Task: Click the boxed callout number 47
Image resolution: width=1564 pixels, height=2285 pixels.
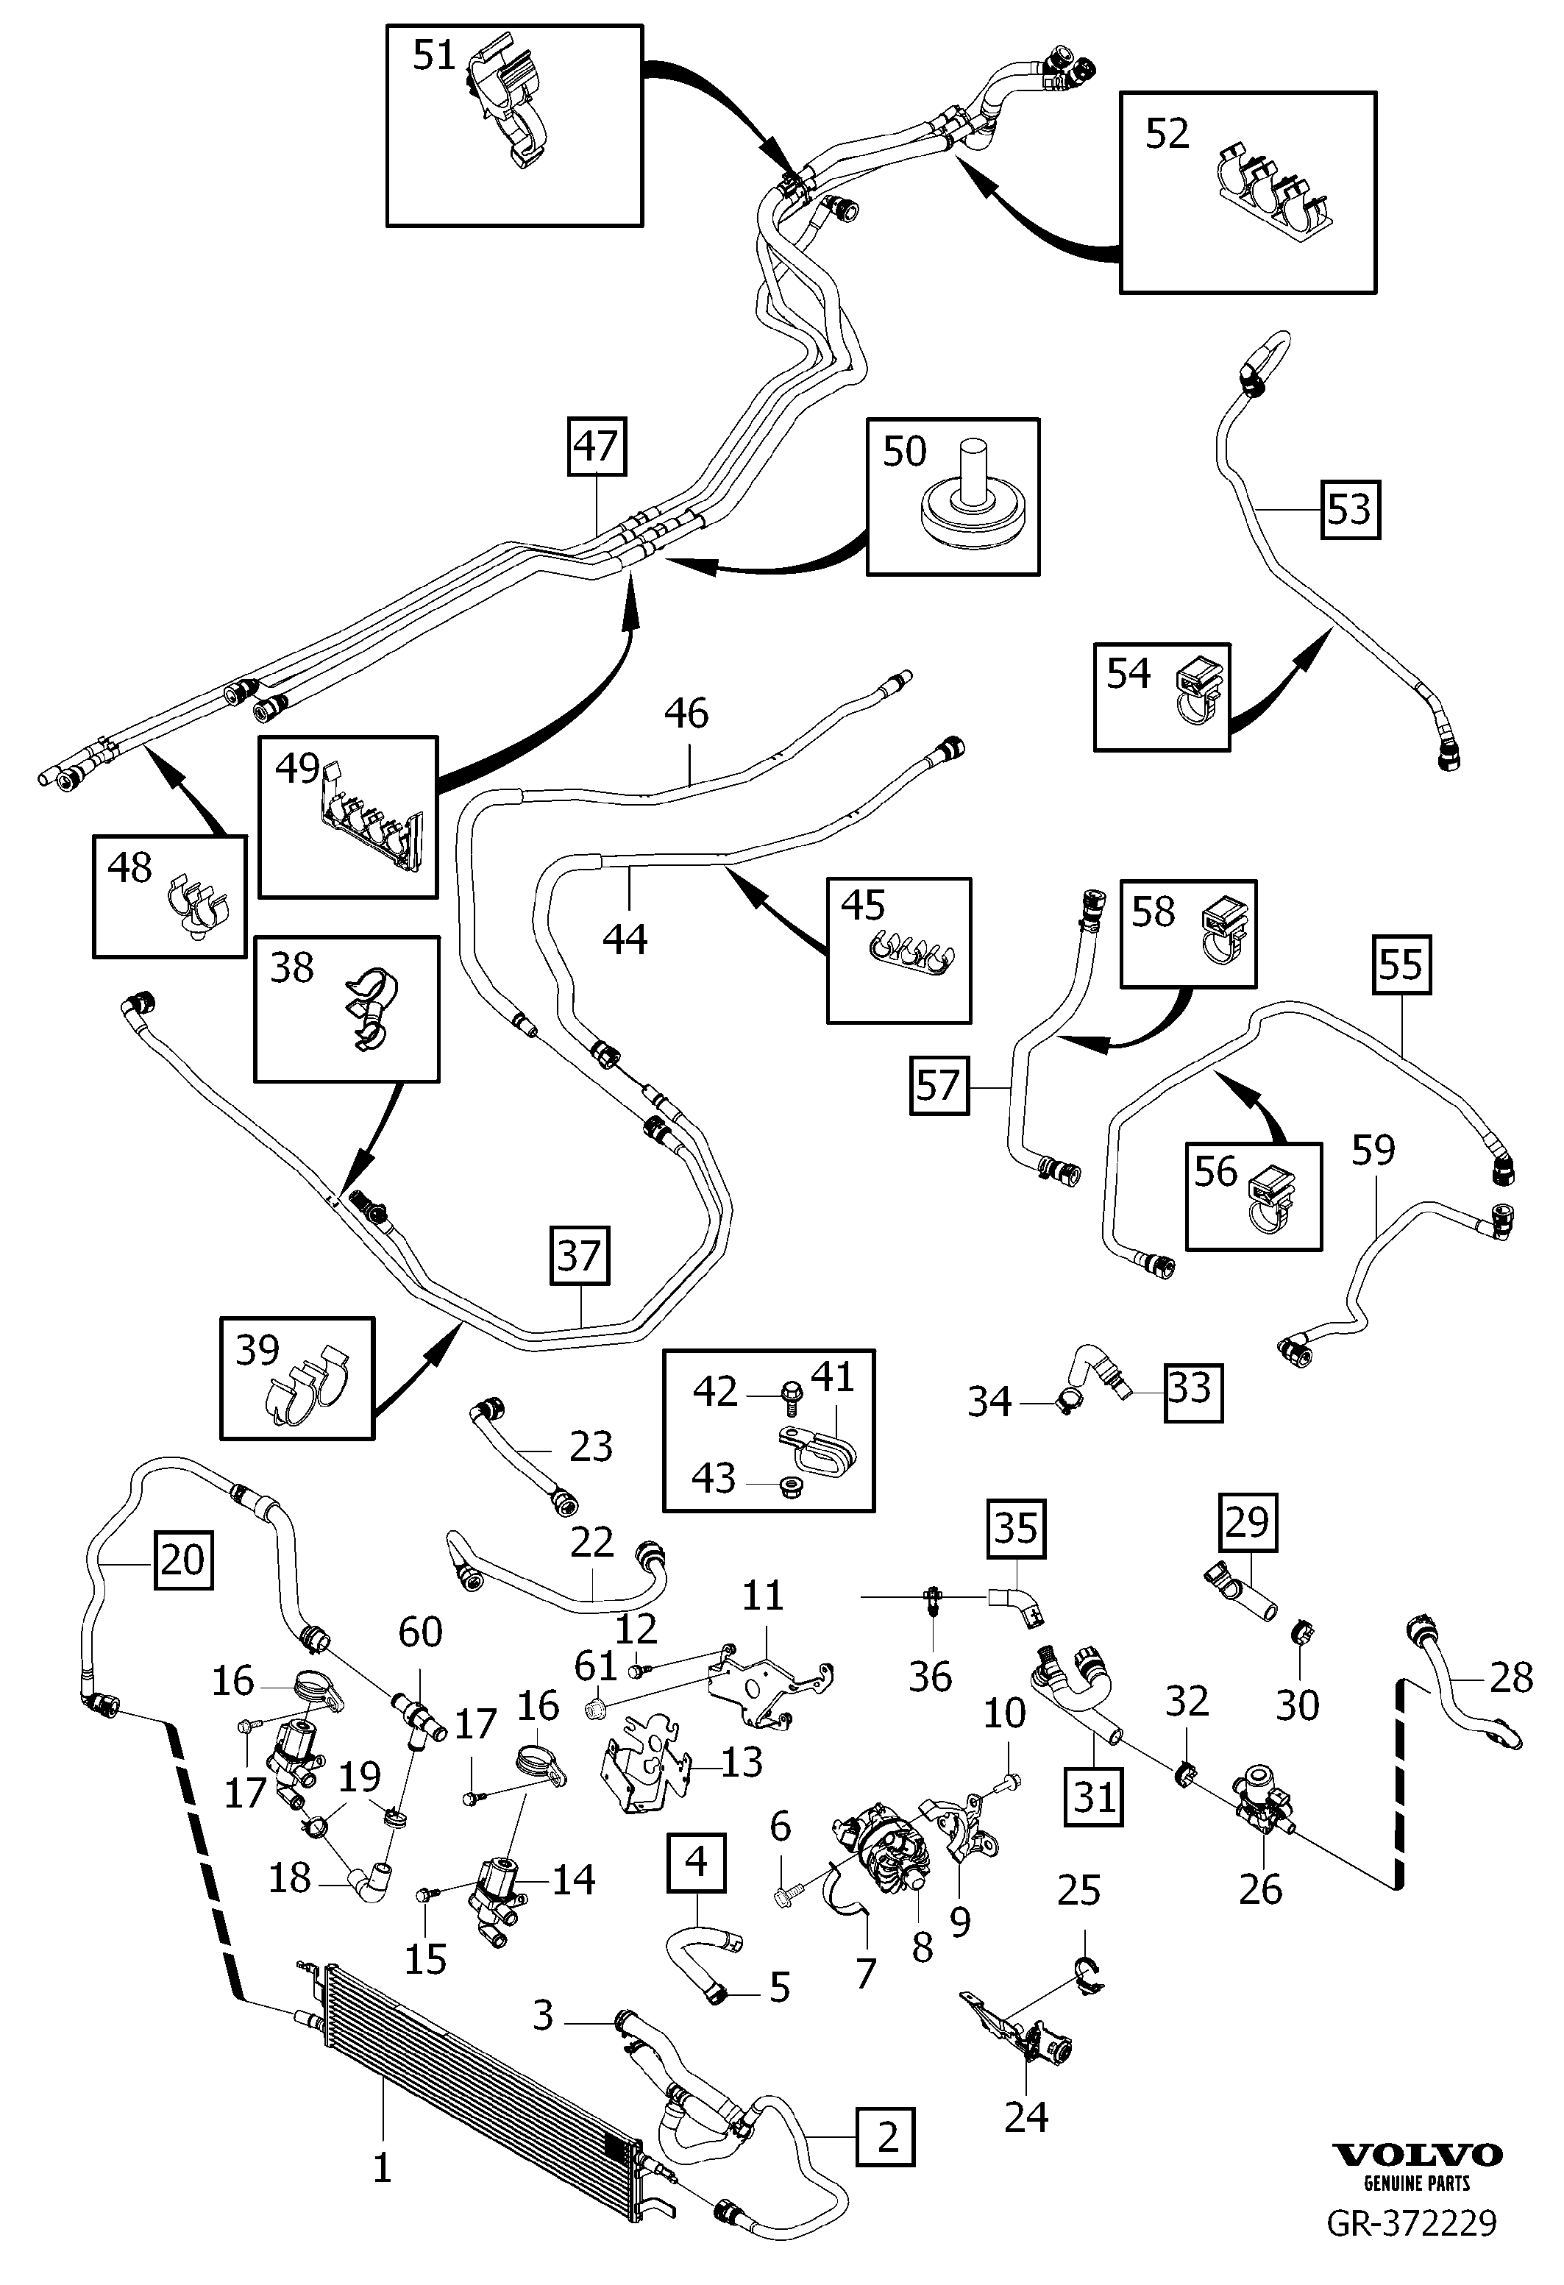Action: pyautogui.click(x=597, y=447)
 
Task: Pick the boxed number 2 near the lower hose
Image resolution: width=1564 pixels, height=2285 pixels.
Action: pyautogui.click(x=886, y=2136)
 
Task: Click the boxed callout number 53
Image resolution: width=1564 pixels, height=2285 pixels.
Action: pyautogui.click(x=1350, y=509)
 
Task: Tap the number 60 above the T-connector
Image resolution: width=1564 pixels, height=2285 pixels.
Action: pyautogui.click(x=420, y=1632)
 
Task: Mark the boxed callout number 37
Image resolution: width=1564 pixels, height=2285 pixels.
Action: pyautogui.click(x=579, y=1256)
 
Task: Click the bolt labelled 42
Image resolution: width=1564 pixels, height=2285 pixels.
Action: pyautogui.click(x=789, y=1393)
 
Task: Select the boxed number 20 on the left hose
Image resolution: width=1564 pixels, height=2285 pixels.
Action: pyautogui.click(x=183, y=1560)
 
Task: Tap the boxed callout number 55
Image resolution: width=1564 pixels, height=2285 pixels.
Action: pyautogui.click(x=1401, y=964)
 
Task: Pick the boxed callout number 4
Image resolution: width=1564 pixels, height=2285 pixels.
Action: pyautogui.click(x=696, y=1862)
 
